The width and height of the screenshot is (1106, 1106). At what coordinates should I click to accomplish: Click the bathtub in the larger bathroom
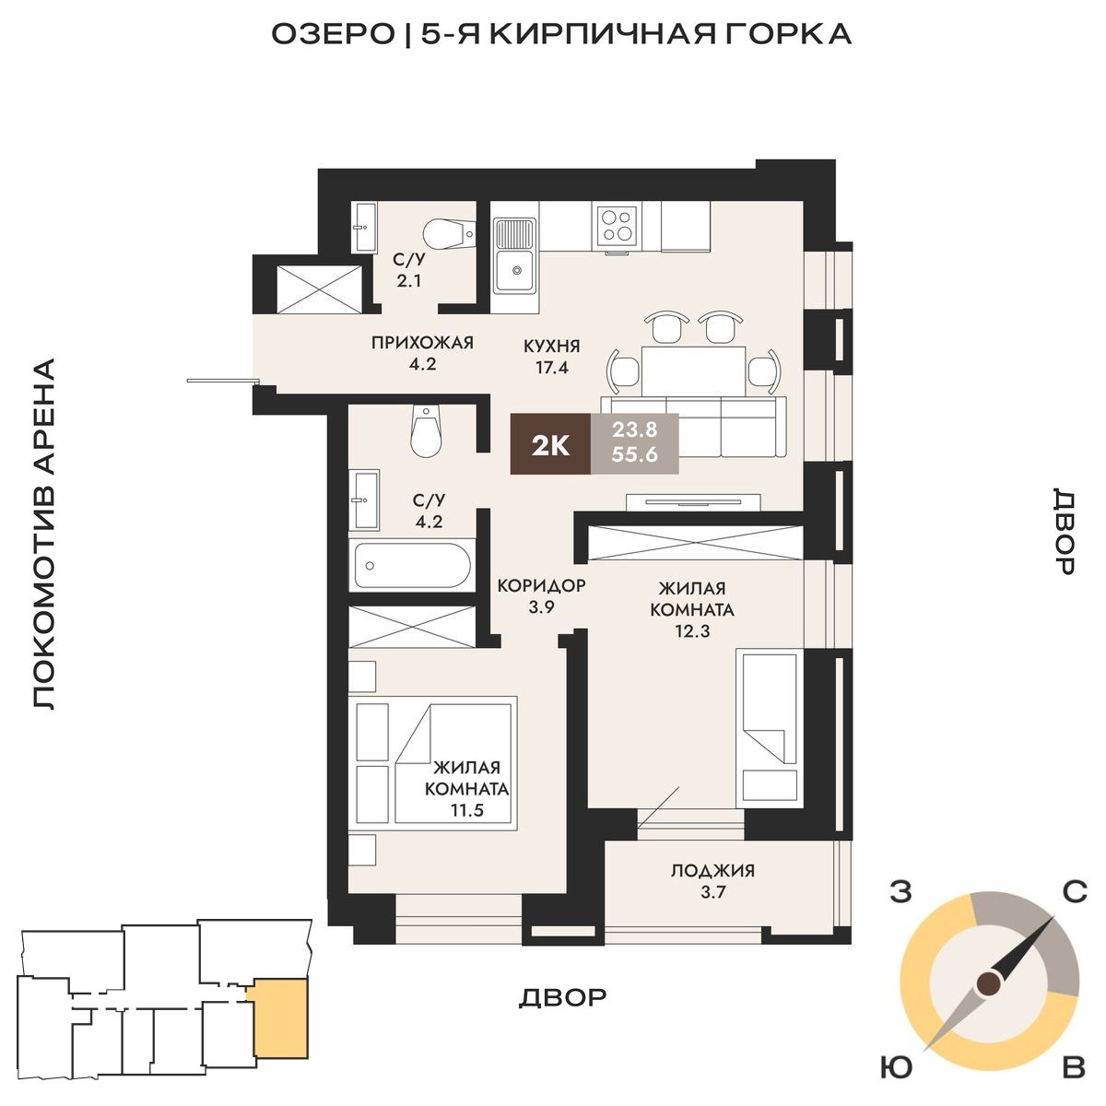[x=412, y=565]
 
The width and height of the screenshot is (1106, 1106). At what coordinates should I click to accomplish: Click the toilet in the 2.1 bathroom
[x=450, y=234]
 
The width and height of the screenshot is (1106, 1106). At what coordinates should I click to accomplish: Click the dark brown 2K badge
[x=550, y=443]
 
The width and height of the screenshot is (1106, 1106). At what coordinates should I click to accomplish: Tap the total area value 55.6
[x=634, y=454]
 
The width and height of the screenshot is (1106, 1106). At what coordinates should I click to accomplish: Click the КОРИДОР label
[x=541, y=586]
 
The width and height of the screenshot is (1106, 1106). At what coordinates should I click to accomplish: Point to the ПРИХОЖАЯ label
[x=422, y=343]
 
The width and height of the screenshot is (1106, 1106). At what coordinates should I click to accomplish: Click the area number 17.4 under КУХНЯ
[x=552, y=368]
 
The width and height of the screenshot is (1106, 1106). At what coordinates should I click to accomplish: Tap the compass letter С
[x=1074, y=892]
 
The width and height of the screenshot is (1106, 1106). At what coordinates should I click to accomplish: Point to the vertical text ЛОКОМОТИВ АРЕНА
[x=43, y=535]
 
